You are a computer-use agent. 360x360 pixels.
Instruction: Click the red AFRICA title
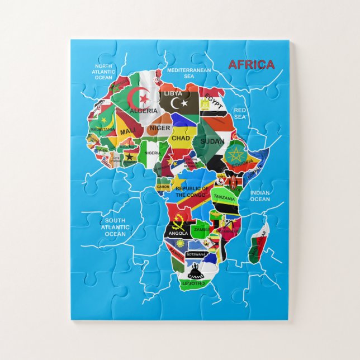(x=251, y=65)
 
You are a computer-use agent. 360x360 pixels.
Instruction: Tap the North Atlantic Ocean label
(x=103, y=72)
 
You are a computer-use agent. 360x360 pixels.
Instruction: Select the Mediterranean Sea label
(x=188, y=73)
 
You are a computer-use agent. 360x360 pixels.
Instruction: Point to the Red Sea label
(x=240, y=113)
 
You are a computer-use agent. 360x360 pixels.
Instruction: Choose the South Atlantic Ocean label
(x=115, y=227)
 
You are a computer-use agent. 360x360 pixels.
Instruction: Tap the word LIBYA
(x=173, y=93)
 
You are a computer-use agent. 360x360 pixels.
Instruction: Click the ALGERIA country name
(x=144, y=111)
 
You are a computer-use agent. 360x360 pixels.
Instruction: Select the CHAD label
(x=181, y=138)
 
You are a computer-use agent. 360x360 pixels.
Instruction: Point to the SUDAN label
(x=212, y=140)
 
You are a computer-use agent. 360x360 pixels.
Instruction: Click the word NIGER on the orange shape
(x=159, y=128)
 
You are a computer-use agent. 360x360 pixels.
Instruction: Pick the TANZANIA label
(x=224, y=198)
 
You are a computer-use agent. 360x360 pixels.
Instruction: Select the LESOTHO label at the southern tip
(x=193, y=283)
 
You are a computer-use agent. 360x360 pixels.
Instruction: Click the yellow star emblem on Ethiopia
(x=234, y=153)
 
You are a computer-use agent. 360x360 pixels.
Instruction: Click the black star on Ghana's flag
(x=130, y=157)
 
